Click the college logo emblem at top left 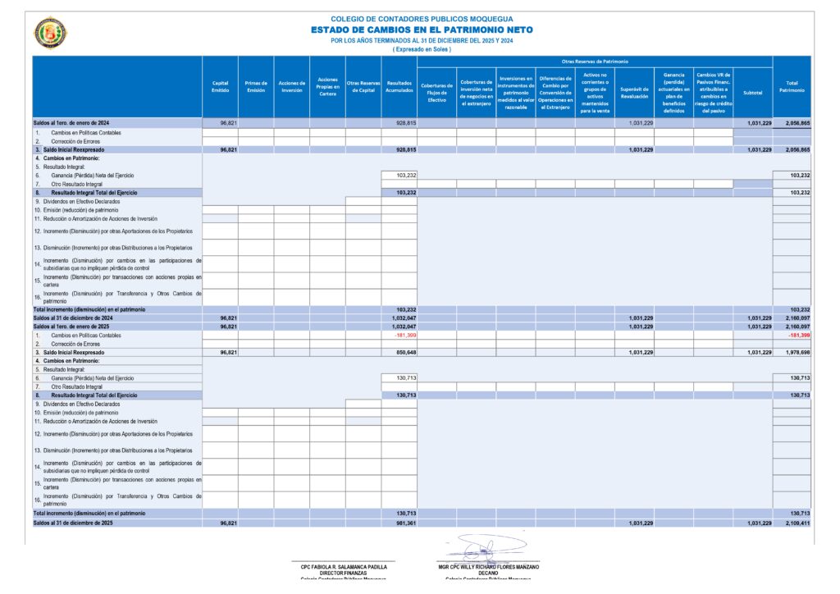[x=50, y=33]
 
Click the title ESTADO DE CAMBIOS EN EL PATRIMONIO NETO [x=422, y=30]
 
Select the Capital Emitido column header [x=220, y=86]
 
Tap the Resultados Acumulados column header [x=399, y=86]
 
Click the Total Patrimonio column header [x=792, y=86]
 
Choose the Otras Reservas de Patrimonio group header [x=595, y=62]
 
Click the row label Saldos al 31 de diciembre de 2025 [x=73, y=523]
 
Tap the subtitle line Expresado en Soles [x=422, y=49]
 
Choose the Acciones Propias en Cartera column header [x=327, y=86]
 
